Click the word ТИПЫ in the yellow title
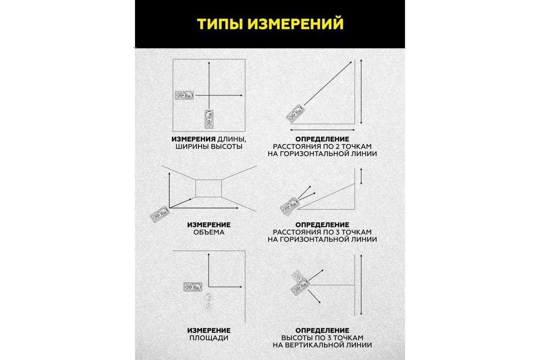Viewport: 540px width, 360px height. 218,24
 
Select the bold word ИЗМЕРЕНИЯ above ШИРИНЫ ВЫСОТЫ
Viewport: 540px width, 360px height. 193,139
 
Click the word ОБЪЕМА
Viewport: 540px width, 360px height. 209,233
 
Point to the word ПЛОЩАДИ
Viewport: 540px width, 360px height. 209,338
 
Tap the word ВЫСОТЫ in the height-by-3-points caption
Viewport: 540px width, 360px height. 298,338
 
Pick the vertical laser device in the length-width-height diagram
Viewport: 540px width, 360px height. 209,119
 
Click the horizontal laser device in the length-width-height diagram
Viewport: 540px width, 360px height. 184,95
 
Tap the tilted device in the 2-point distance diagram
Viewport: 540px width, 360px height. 295,113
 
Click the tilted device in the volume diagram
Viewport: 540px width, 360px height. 160,214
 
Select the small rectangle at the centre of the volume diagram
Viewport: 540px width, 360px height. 208,188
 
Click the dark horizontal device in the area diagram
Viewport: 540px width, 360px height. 193,287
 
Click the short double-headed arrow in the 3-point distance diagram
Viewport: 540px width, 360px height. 361,176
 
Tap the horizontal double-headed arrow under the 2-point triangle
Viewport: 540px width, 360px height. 323,130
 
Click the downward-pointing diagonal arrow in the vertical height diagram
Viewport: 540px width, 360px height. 314,297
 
